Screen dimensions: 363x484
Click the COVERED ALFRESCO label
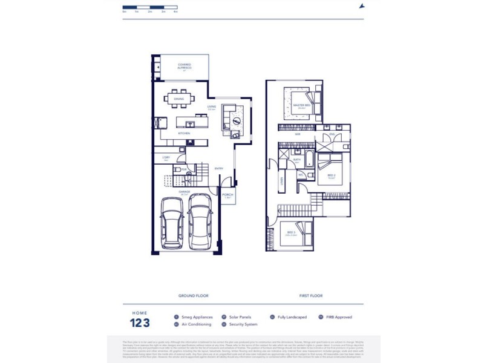pyautogui.click(x=185, y=65)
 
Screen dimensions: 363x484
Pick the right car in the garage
pyautogui.click(x=200, y=221)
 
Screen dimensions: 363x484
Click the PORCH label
pyautogui.click(x=227, y=195)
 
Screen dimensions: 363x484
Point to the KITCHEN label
pyautogui.click(x=184, y=133)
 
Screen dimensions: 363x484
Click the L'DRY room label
pyautogui.click(x=166, y=158)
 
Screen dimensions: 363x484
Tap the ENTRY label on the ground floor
pyautogui.click(x=218, y=169)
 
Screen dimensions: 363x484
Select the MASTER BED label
pyautogui.click(x=302, y=105)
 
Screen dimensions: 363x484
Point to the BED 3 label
pyautogui.click(x=290, y=233)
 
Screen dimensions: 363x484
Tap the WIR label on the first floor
pyautogui.click(x=290, y=134)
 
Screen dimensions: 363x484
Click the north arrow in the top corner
pyautogui.click(x=362, y=6)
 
